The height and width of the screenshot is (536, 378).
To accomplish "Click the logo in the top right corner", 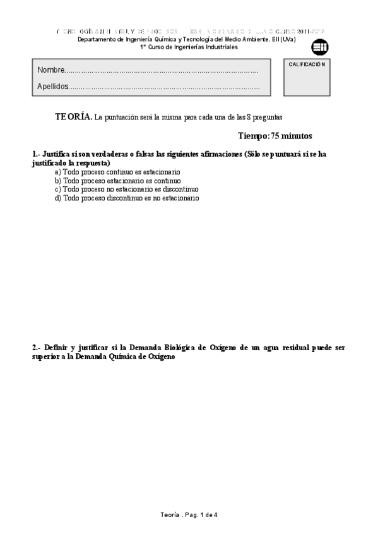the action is pyautogui.click(x=320, y=47).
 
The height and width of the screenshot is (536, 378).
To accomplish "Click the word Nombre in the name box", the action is pyautogui.click(x=51, y=70).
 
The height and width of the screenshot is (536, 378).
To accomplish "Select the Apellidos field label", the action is pyautogui.click(x=53, y=87).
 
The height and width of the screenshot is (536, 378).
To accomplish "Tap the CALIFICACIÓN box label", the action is pyautogui.click(x=307, y=64).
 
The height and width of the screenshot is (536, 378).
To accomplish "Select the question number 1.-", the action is pyautogui.click(x=36, y=154).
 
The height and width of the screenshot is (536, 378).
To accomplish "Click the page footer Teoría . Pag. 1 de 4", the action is pyautogui.click(x=189, y=515).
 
